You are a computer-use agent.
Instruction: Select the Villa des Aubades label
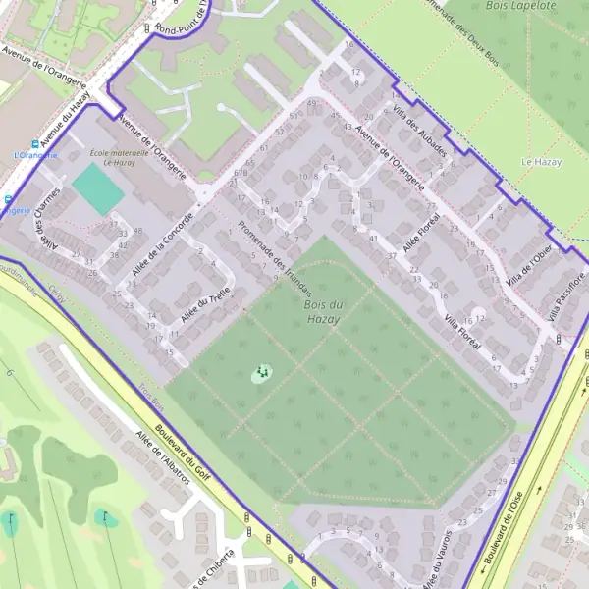coord(420,131)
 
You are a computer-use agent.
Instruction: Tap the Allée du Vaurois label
coord(438,560)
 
